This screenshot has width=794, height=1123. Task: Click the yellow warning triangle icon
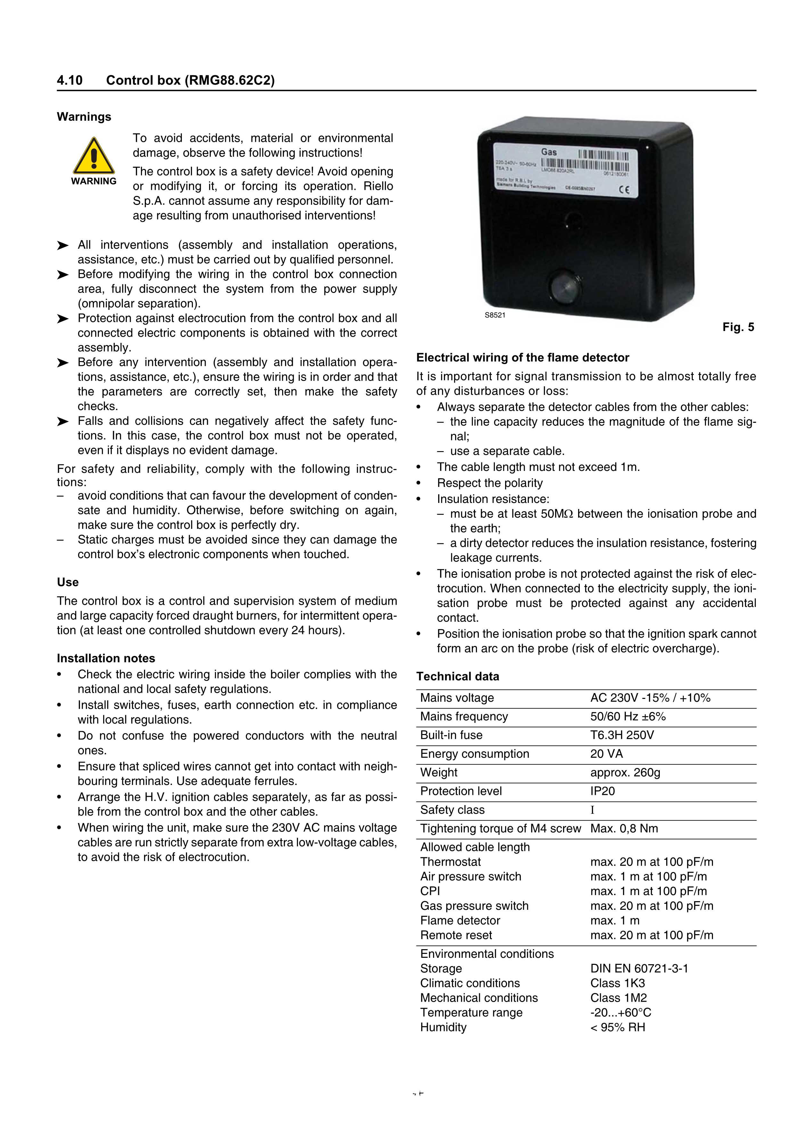click(x=94, y=157)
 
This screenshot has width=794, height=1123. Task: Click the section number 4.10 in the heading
click(x=70, y=80)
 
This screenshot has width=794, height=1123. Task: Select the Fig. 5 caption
click(x=738, y=327)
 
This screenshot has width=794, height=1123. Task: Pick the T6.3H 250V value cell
click(x=622, y=735)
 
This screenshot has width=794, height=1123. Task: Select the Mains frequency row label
click(x=464, y=716)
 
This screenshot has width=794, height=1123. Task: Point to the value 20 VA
click(x=606, y=754)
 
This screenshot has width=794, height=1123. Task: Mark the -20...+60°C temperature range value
click(x=620, y=1013)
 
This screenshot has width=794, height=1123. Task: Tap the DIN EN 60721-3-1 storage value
click(x=639, y=968)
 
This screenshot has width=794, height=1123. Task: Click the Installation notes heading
click(x=106, y=658)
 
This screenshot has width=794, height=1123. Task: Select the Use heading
click(x=68, y=582)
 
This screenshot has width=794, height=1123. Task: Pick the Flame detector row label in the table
click(x=460, y=920)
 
